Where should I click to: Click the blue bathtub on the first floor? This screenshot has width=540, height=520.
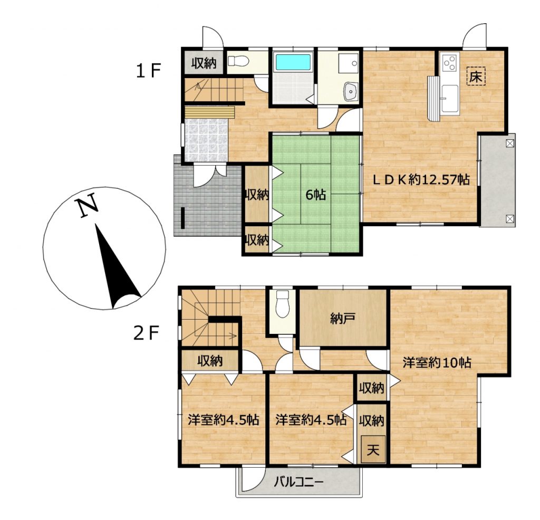tap(293, 62)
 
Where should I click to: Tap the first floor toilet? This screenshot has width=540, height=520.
tap(238, 61)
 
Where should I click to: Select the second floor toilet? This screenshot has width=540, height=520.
tap(283, 304)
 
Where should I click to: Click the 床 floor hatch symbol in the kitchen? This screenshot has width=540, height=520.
tap(476, 76)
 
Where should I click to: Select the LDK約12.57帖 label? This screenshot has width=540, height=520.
tap(421, 179)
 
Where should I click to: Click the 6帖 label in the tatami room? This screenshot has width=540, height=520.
tap(315, 195)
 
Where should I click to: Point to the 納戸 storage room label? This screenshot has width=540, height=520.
tap(342, 319)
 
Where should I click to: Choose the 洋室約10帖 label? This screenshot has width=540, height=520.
tap(437, 363)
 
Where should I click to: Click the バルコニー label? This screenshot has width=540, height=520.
tap(298, 482)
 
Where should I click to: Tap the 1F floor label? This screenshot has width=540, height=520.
tap(148, 71)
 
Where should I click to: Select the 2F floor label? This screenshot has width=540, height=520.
tap(146, 333)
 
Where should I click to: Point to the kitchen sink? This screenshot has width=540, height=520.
tap(450, 99)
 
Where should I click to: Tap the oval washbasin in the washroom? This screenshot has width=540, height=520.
tap(351, 92)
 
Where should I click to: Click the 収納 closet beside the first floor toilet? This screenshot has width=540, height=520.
tap(204, 62)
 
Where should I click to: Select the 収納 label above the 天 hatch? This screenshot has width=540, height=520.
tap(371, 420)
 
